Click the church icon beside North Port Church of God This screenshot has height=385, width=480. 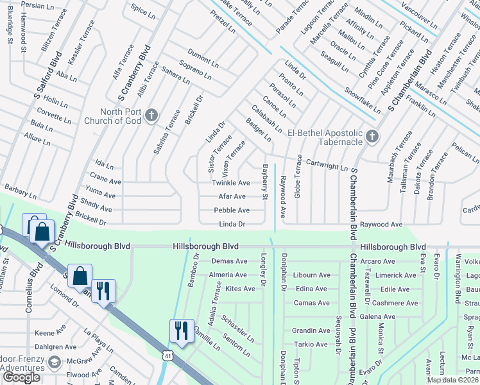coord(151,116)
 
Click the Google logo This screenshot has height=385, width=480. coord(22,377)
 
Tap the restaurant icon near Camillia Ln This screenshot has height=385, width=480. coord(180,330)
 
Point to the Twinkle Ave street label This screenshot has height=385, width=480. coord(230,183)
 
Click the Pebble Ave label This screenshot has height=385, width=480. coord(231,210)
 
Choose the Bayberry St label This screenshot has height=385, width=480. coord(264,182)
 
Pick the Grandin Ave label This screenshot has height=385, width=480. coord(311,330)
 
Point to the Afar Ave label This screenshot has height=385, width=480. coord(232,196)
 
